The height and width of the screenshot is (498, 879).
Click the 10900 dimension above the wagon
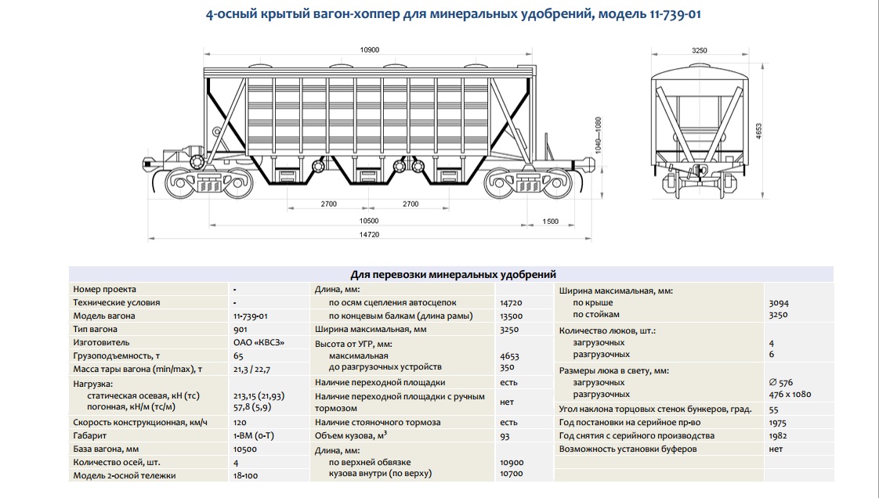[369, 49]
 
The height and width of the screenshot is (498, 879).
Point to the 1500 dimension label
[551, 222]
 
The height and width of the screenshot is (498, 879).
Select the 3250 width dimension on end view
[699, 49]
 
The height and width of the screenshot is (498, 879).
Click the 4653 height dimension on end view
[758, 131]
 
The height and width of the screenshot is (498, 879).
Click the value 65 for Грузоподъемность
[237, 355]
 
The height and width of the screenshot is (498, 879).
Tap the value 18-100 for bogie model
[246, 475]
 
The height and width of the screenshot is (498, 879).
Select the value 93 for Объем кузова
[505, 435]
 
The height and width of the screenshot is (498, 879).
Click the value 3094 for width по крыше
[779, 302]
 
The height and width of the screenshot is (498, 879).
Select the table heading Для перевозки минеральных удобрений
[453, 275]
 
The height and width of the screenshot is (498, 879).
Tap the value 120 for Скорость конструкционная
[240, 422]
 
